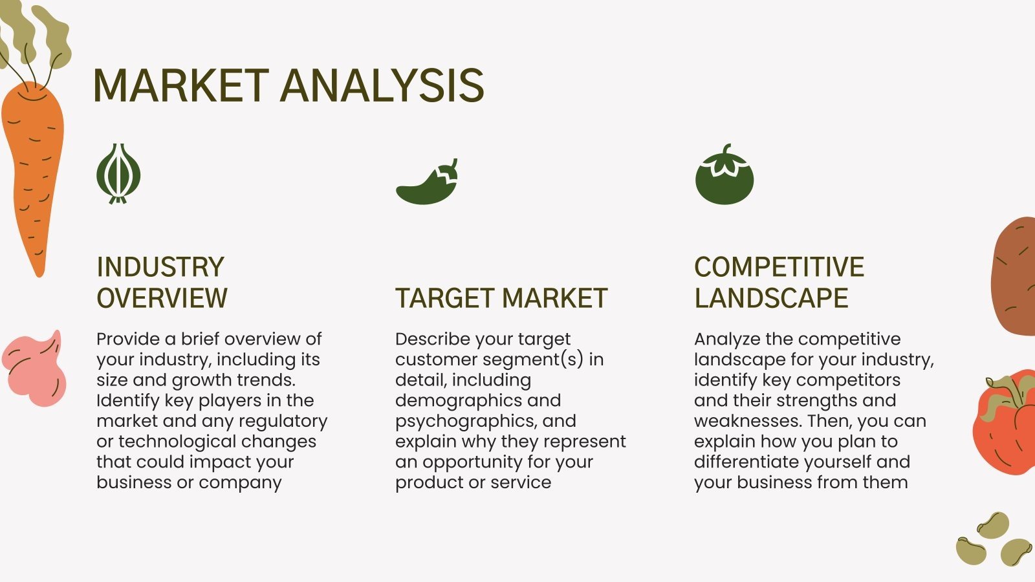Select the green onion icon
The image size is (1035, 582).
tap(118, 174)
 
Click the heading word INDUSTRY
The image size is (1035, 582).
tap(160, 267)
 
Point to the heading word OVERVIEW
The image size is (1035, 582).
tap(162, 298)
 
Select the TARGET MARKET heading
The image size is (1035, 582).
tap(501, 298)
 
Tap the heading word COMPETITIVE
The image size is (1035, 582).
tap(779, 267)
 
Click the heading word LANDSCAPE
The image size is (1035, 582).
tap(771, 298)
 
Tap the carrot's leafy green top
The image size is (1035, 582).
tap(36, 36)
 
